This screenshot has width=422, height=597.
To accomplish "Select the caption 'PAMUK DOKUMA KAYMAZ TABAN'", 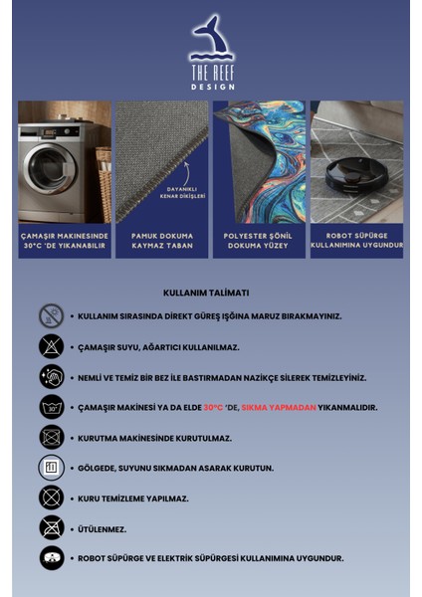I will [161, 241].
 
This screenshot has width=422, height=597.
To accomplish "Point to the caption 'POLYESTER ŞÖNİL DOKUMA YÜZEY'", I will [259, 241].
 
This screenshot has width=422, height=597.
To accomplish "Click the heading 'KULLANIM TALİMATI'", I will [206, 294].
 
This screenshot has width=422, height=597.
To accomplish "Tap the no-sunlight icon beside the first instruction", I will [51, 316].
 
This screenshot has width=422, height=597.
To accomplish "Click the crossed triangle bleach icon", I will [51, 346].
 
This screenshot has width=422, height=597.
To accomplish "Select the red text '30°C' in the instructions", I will [213, 407].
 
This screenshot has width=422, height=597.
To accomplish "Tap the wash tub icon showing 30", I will [51, 407].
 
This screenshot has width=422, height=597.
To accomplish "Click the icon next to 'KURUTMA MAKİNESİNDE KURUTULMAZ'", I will [51, 437].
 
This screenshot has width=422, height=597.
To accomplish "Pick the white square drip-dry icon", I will [51, 468].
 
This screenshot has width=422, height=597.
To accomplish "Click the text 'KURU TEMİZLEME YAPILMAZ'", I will [133, 497].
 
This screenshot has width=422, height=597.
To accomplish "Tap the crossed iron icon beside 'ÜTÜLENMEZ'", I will [51, 527].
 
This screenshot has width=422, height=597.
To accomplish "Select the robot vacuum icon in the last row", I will [51, 558].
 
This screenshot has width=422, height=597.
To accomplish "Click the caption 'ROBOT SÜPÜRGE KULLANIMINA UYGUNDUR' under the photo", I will [356, 241].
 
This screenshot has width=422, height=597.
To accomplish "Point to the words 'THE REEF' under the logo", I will [210, 73].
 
